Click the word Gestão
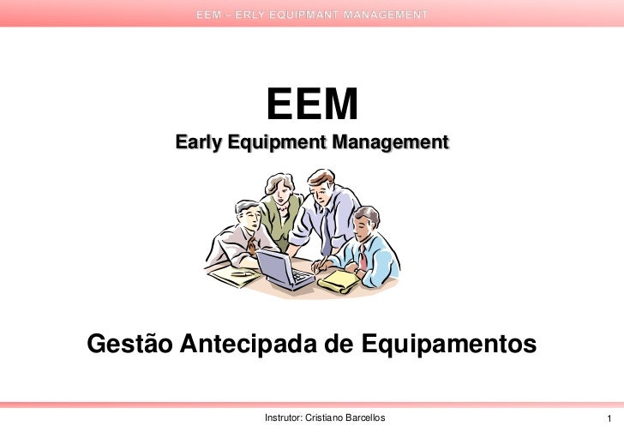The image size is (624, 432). coord(128,344)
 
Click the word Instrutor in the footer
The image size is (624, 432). coord(285,417)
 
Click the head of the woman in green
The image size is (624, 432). coord(279,186)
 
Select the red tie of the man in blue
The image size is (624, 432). coord(363,254)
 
